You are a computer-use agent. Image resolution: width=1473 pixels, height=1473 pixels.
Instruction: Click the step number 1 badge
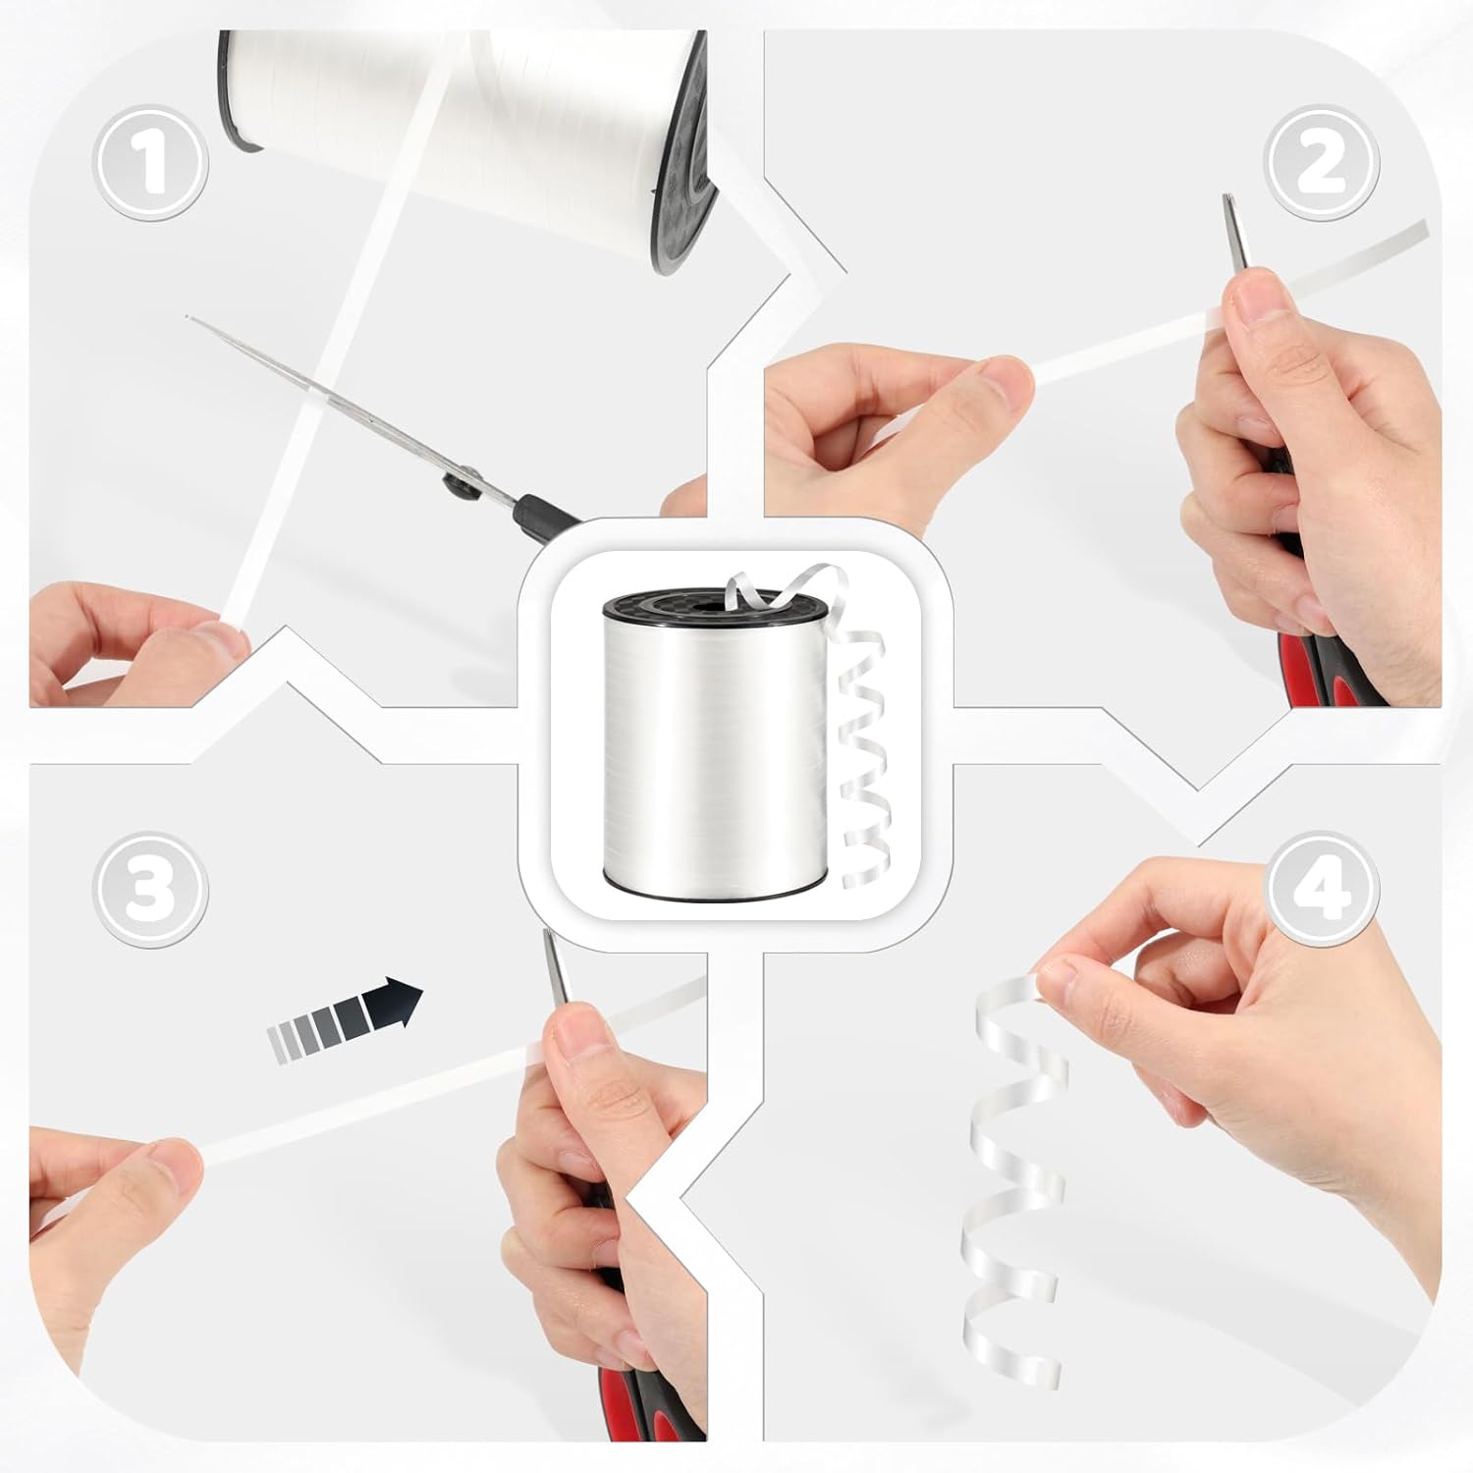(150, 162)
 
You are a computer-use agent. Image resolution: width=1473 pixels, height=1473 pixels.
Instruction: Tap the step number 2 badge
(1322, 162)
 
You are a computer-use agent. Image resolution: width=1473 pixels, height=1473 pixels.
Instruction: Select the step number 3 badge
(150, 890)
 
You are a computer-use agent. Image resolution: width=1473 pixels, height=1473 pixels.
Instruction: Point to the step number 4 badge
(1322, 890)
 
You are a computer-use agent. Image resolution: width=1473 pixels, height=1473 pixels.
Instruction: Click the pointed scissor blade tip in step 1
(188, 316)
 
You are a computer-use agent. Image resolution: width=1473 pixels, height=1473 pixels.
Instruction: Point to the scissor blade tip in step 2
(1227, 196)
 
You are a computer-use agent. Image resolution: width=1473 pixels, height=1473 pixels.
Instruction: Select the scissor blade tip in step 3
(546, 932)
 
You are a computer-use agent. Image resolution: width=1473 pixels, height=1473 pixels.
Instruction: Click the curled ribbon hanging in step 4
(1011, 1178)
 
